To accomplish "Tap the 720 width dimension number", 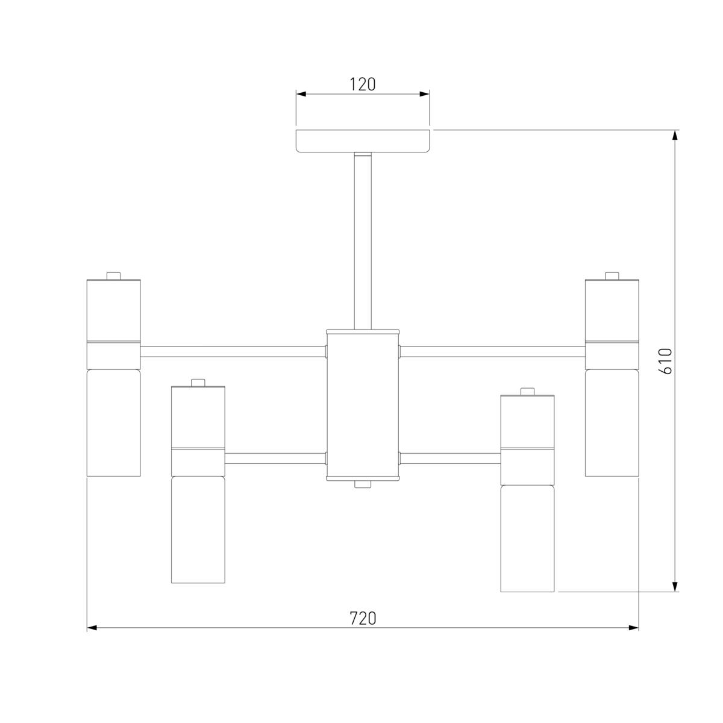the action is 363,618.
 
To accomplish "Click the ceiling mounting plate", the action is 363,141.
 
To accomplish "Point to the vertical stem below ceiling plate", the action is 363,241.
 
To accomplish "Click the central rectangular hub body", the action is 363,405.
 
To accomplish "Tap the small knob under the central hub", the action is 363,485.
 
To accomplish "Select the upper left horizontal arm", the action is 233,351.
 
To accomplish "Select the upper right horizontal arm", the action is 492,351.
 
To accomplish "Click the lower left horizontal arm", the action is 275,458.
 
